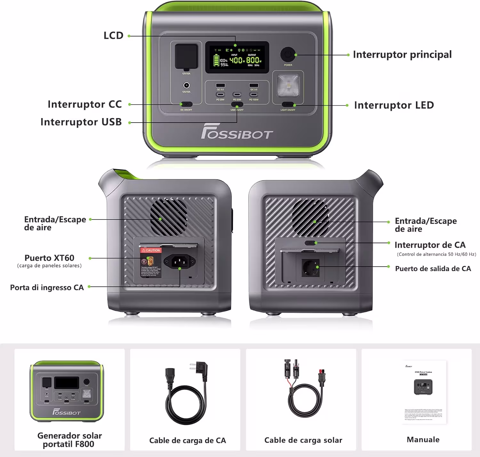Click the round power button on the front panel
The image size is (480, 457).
coord(288,54)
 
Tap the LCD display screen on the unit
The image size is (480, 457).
coord(237,57)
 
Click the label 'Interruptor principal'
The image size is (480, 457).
coord(402,54)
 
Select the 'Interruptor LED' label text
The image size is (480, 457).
coord(394,105)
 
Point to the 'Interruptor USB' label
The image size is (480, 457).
coord(81,122)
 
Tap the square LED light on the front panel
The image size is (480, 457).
coord(288,85)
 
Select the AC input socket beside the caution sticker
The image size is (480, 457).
coord(180,262)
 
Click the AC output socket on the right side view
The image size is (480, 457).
coord(311,268)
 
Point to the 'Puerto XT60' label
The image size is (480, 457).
coord(49,258)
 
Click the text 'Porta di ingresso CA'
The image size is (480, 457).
coord(47,287)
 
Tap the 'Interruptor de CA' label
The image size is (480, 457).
coord(430,245)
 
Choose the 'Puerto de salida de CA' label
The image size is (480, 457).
coord(433,269)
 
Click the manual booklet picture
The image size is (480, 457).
coord(423,392)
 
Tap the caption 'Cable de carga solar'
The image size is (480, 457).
coord(303,440)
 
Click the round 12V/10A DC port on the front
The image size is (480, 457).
coord(186,85)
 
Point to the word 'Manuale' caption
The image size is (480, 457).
coord(423,439)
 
